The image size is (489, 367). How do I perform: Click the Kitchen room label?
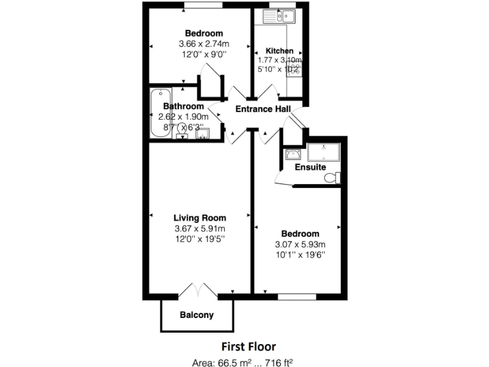(x=280, y=51)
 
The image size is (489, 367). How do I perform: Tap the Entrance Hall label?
(x=263, y=109)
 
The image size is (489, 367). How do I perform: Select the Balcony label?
(x=197, y=315)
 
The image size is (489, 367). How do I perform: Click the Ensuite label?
(x=310, y=167)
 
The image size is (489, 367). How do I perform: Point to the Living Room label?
(x=200, y=218)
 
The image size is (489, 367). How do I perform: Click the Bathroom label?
(x=183, y=106)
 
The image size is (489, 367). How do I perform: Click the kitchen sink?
(x=278, y=17)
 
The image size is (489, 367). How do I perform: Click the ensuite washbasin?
(x=293, y=154)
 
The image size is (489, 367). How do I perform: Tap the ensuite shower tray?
(x=324, y=153)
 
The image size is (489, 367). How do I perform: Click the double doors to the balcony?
(x=199, y=290)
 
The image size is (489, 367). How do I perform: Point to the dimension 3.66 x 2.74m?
(x=204, y=44)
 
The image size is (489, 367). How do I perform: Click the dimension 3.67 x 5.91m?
(x=200, y=229)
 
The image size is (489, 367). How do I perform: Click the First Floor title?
(x=248, y=347)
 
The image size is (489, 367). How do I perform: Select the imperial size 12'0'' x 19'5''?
(x=200, y=239)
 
